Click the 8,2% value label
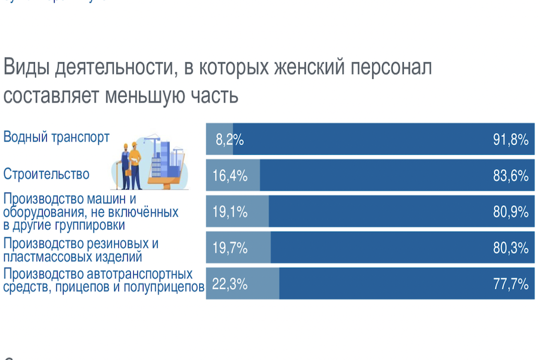pyautogui.click(x=229, y=140)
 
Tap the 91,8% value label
pyautogui.click(x=511, y=140)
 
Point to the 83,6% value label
pyautogui.click(x=511, y=176)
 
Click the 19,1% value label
pyautogui.click(x=230, y=212)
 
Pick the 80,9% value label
pyautogui.click(x=511, y=212)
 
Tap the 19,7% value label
pyautogui.click(x=230, y=248)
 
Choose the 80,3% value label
pyautogui.click(x=511, y=248)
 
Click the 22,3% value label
pyautogui.click(x=230, y=284)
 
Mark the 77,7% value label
pyautogui.click(x=511, y=284)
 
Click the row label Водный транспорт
pyautogui.click(x=56, y=137)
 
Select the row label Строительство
pyautogui.click(x=46, y=175)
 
